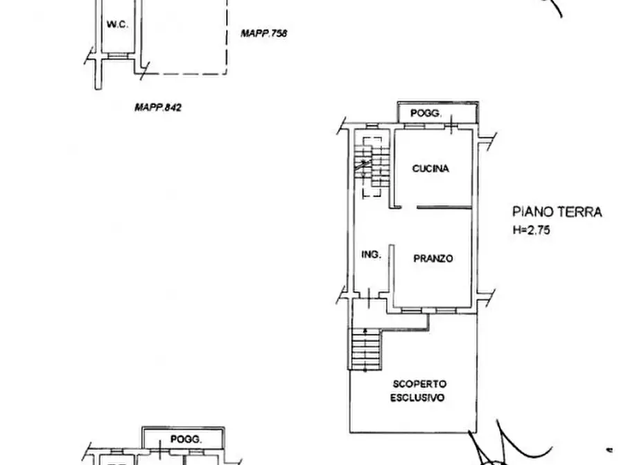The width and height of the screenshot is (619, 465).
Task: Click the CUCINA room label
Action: [430, 169]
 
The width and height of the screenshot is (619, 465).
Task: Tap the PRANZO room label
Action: [433, 259]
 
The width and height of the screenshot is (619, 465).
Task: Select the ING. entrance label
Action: [371, 255]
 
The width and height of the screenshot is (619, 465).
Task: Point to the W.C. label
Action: [117, 24]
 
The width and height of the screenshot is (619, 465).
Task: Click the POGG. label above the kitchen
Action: [426, 114]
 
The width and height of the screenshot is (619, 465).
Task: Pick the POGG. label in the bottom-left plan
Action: [186, 439]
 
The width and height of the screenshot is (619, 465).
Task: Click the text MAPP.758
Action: [263, 33]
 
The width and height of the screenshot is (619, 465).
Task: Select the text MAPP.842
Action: [158, 107]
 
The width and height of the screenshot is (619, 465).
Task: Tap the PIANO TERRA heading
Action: [557, 212]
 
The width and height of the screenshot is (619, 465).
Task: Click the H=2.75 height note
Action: [531, 230]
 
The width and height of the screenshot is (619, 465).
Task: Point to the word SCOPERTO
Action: [419, 384]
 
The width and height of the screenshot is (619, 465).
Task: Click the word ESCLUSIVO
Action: [417, 398]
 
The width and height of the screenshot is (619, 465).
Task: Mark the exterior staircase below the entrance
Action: [365, 350]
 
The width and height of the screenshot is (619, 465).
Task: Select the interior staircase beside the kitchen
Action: [372, 166]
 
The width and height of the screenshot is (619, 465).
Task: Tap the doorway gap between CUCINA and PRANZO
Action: [410, 207]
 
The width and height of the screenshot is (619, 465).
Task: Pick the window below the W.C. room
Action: [117, 56]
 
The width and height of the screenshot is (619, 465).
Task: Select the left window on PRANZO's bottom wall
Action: [411, 311]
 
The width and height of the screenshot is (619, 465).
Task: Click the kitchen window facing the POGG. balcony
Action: [414, 126]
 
